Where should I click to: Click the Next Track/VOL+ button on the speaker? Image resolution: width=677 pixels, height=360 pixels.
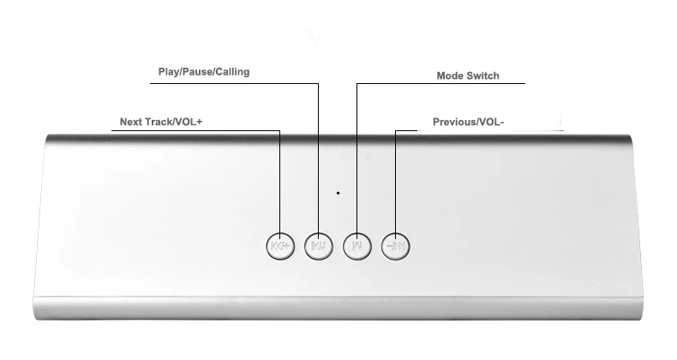coord(280,247)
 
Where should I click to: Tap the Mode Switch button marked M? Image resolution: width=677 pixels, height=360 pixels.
coord(357,247)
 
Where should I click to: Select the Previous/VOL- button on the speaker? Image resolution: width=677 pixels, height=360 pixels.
coord(396,247)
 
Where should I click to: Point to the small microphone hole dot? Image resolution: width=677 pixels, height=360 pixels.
coord(338,193)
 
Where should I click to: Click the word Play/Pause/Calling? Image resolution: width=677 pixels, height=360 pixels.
coord(204,72)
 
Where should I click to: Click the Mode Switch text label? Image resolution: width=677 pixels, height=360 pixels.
coord(468,76)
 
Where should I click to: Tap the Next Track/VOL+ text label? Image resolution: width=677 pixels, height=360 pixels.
coord(161,122)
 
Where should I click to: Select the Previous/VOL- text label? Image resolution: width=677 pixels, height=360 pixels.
coord(469,123)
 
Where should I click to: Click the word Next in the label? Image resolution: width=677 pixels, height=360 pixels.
coord(130,122)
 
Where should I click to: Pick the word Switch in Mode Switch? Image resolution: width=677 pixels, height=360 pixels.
coord(483,76)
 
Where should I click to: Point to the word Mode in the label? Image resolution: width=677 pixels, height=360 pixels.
coord(450,76)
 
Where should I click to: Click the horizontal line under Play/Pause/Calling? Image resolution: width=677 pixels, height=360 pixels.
coord(235,84)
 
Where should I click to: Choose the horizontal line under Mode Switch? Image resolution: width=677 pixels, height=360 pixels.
coord(440,84)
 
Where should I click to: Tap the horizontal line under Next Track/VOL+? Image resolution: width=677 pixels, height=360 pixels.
coord(195,131)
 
